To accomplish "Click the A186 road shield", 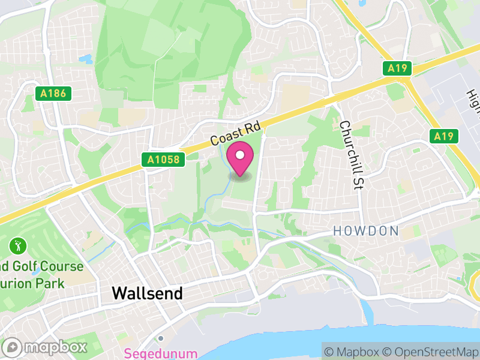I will tap(53, 94).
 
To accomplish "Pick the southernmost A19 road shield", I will tap(443, 136).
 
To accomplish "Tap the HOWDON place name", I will tap(366, 231).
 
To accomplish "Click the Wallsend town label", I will tap(147, 293).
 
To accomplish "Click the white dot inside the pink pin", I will tap(241, 156).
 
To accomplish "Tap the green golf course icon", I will tap(16, 245).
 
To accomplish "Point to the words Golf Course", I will tap(48, 265).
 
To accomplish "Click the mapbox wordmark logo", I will tap(46, 347).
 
